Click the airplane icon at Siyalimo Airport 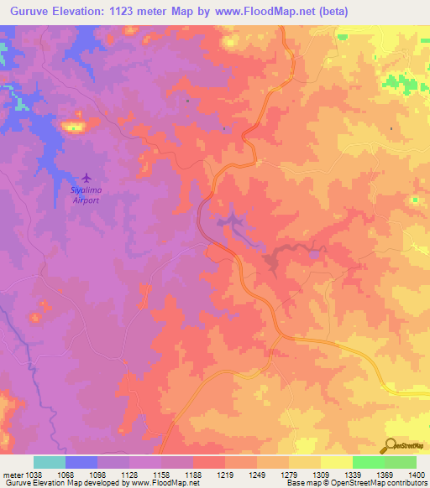click(85, 178)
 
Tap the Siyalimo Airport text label click(84, 195)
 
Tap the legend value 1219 click(202, 474)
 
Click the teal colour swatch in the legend click(50, 462)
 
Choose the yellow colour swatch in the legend click(336, 462)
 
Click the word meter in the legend click(13, 474)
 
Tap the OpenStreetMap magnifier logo click(391, 445)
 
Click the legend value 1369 click(370, 474)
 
